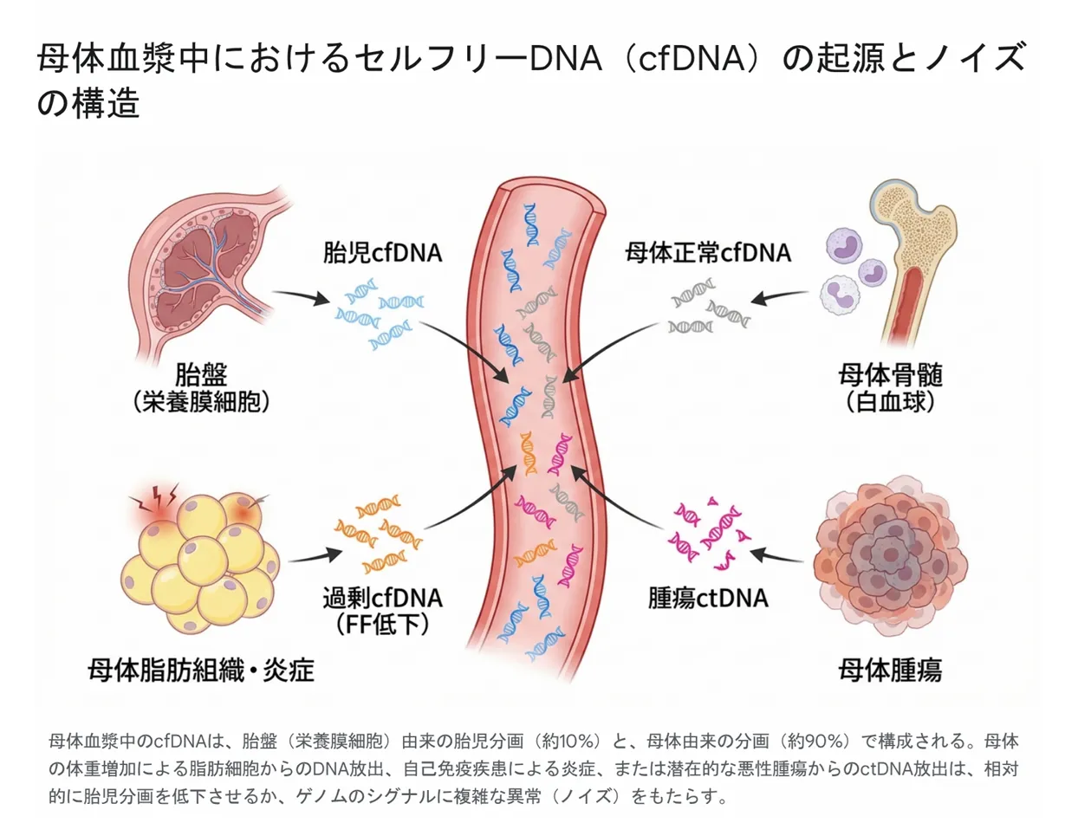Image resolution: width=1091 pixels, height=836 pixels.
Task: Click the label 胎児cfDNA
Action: pos(382,253)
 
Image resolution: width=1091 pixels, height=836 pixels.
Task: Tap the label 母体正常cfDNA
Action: pos(708,253)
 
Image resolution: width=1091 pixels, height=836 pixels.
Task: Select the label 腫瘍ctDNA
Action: pos(708,598)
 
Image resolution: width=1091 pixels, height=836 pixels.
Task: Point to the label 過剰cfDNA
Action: pos(382,598)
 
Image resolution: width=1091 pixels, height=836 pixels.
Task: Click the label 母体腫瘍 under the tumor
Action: pos(889,670)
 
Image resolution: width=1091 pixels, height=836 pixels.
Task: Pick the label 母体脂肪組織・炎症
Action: pos(201,670)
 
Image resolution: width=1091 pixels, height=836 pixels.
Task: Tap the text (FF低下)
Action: pos(382,624)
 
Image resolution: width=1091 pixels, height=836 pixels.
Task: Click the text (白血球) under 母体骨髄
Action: pos(890,402)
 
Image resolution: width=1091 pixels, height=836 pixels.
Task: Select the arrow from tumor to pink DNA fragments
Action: pos(779,555)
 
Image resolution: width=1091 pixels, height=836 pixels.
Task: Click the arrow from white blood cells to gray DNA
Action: pos(779,298)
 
